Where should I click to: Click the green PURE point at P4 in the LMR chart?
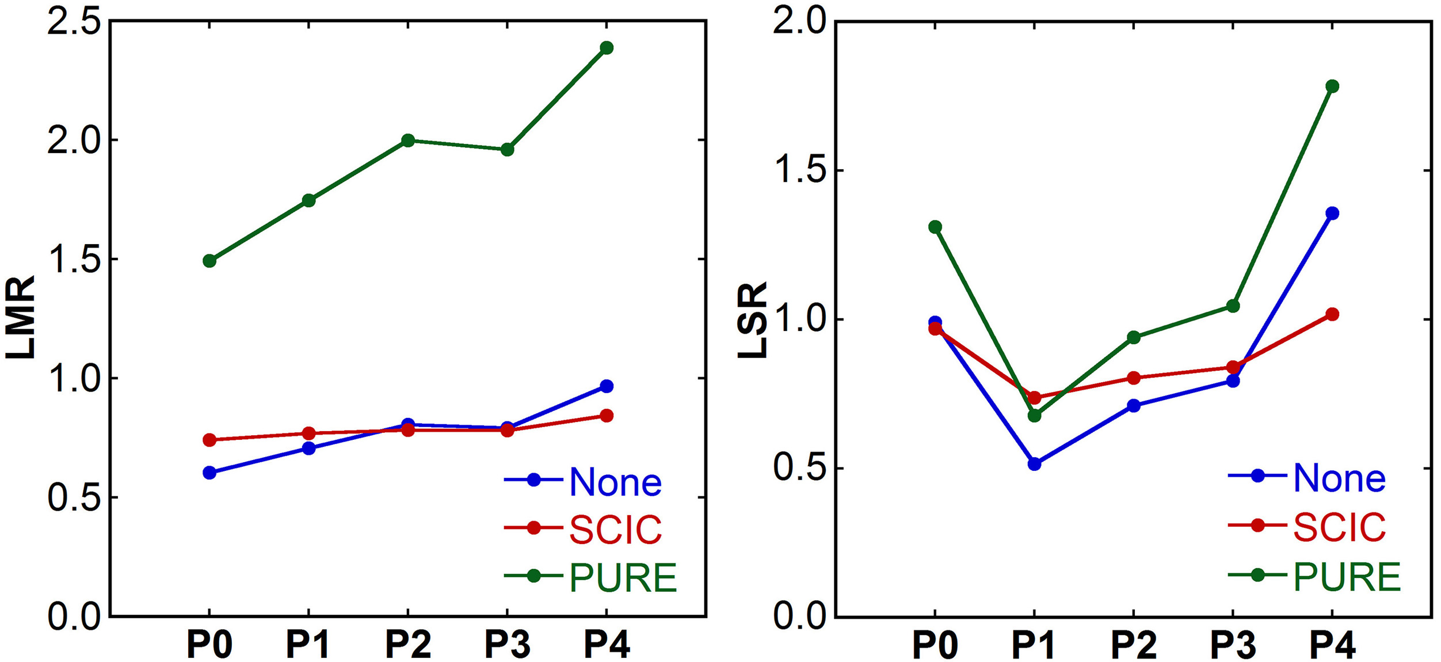606,48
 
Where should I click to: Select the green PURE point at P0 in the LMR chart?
209,261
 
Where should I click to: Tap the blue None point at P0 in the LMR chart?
209,473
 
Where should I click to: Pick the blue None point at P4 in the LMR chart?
606,386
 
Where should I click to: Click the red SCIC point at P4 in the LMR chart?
606,416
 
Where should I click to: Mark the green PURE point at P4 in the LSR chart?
1332,86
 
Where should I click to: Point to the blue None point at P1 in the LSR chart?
1034,464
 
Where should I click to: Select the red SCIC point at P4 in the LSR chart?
1332,314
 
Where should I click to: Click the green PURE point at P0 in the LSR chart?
935,227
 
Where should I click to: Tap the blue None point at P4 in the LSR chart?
1332,214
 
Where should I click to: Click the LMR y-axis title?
21,318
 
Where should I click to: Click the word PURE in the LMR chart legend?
623,577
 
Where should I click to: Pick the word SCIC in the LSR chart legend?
1339,527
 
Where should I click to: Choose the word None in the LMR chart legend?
615,482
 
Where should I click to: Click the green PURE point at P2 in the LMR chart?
408,140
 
